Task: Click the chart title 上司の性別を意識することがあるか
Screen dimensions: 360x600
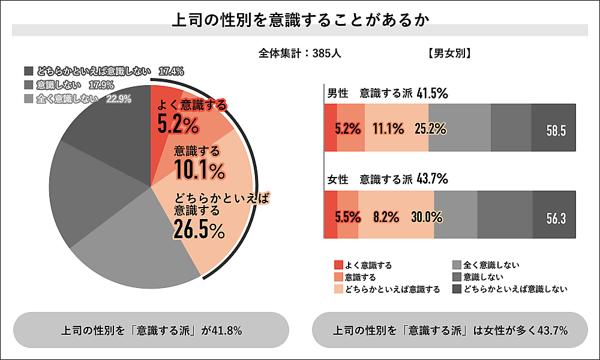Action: pyautogui.click(x=300, y=20)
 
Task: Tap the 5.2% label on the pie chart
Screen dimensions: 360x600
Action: pyautogui.click(x=178, y=125)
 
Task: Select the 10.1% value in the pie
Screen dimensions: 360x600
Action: pyautogui.click(x=200, y=170)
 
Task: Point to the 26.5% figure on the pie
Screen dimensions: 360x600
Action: pyautogui.click(x=199, y=229)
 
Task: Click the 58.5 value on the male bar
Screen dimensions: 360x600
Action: pyautogui.click(x=556, y=130)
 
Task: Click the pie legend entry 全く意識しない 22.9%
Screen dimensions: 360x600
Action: pyautogui.click(x=77, y=99)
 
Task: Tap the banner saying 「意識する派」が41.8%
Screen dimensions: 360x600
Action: pyautogui.click(x=151, y=330)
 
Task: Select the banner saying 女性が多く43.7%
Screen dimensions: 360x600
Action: pyautogui.click(x=450, y=330)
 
